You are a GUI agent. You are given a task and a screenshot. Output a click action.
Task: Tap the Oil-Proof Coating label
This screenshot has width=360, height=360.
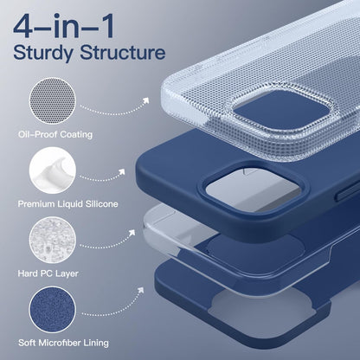56,135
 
